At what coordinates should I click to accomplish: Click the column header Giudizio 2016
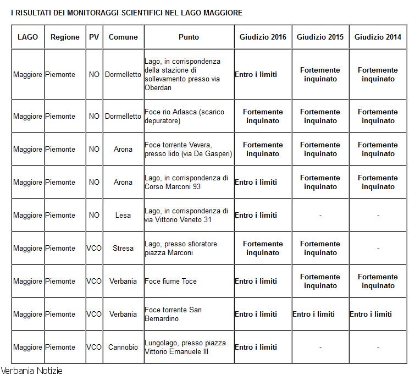coord(263,37)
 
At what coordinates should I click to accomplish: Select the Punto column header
coord(189,37)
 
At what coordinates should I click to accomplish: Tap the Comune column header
coord(123,37)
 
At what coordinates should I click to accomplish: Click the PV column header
coord(94,37)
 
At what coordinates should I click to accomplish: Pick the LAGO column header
coord(27,37)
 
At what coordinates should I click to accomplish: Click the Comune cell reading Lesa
coord(123,216)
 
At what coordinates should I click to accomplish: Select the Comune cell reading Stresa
coord(123,249)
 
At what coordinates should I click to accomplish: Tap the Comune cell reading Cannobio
coord(123,348)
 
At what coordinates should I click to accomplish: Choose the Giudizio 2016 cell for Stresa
coord(263,249)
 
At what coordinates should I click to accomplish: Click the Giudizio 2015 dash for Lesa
coord(320,216)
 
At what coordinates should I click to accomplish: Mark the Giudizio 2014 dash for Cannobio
coord(378,348)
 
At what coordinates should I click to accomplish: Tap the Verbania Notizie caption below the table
coord(32,370)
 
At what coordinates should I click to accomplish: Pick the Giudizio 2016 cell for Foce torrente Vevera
coord(263,150)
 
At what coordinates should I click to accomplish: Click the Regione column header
coord(65,37)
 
